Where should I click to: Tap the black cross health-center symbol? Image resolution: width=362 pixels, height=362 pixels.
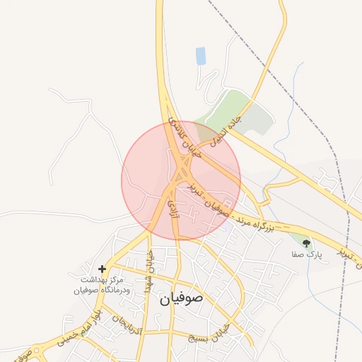pos(103,269)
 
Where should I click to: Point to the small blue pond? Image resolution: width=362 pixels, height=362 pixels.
pos(201,56)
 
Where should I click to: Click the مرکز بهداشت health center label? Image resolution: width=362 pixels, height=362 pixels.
pos(103,285)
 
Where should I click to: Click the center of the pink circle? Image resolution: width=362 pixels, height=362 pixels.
pos(181,180)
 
